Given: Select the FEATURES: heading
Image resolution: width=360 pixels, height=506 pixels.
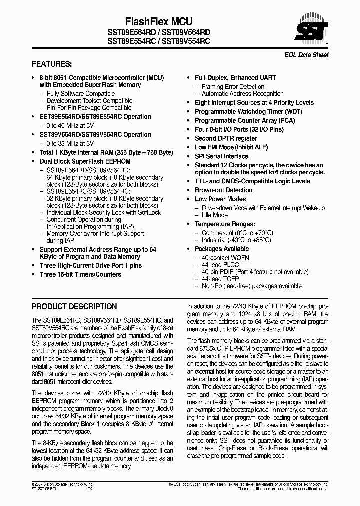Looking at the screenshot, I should point(52,64).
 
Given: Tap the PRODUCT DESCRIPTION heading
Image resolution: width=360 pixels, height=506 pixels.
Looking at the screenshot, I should point(74,306).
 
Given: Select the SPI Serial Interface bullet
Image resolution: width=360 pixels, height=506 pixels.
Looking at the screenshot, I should point(221,156).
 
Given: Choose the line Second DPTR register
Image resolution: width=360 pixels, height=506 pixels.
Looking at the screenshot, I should point(226,138).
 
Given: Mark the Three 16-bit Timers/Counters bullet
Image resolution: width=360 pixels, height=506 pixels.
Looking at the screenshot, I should point(80,274).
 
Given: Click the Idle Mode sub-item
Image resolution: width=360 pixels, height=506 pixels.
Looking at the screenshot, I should point(214,215).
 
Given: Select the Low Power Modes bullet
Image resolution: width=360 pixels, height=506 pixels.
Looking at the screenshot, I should point(220,199).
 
